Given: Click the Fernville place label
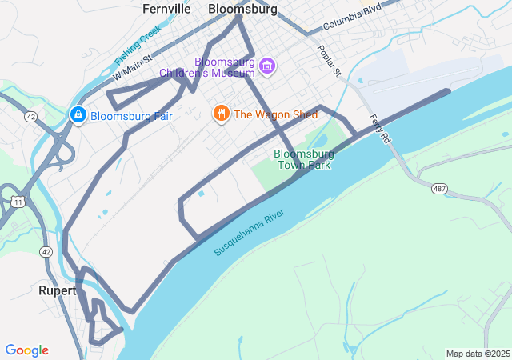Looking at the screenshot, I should pyautogui.click(x=166, y=10).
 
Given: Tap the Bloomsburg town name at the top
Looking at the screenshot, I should pyautogui.click(x=242, y=10).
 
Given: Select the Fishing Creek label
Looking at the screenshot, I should pyautogui.click(x=138, y=44).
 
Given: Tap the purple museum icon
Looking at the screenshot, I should pyautogui.click(x=267, y=65).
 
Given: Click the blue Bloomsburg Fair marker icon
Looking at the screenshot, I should pyautogui.click(x=78, y=115).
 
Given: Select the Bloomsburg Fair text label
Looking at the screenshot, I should pyautogui.click(x=131, y=116).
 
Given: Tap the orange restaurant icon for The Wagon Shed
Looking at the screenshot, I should pyautogui.click(x=222, y=114).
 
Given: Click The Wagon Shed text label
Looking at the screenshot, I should pyautogui.click(x=275, y=114).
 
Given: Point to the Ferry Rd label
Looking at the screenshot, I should pyautogui.click(x=380, y=128).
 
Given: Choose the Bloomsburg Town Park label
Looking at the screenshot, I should pyautogui.click(x=303, y=159).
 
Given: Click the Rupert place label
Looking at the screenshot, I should pyautogui.click(x=57, y=290).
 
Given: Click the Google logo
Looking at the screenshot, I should pyautogui.click(x=26, y=350).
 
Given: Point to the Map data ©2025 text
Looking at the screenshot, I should pyautogui.click(x=478, y=354).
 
